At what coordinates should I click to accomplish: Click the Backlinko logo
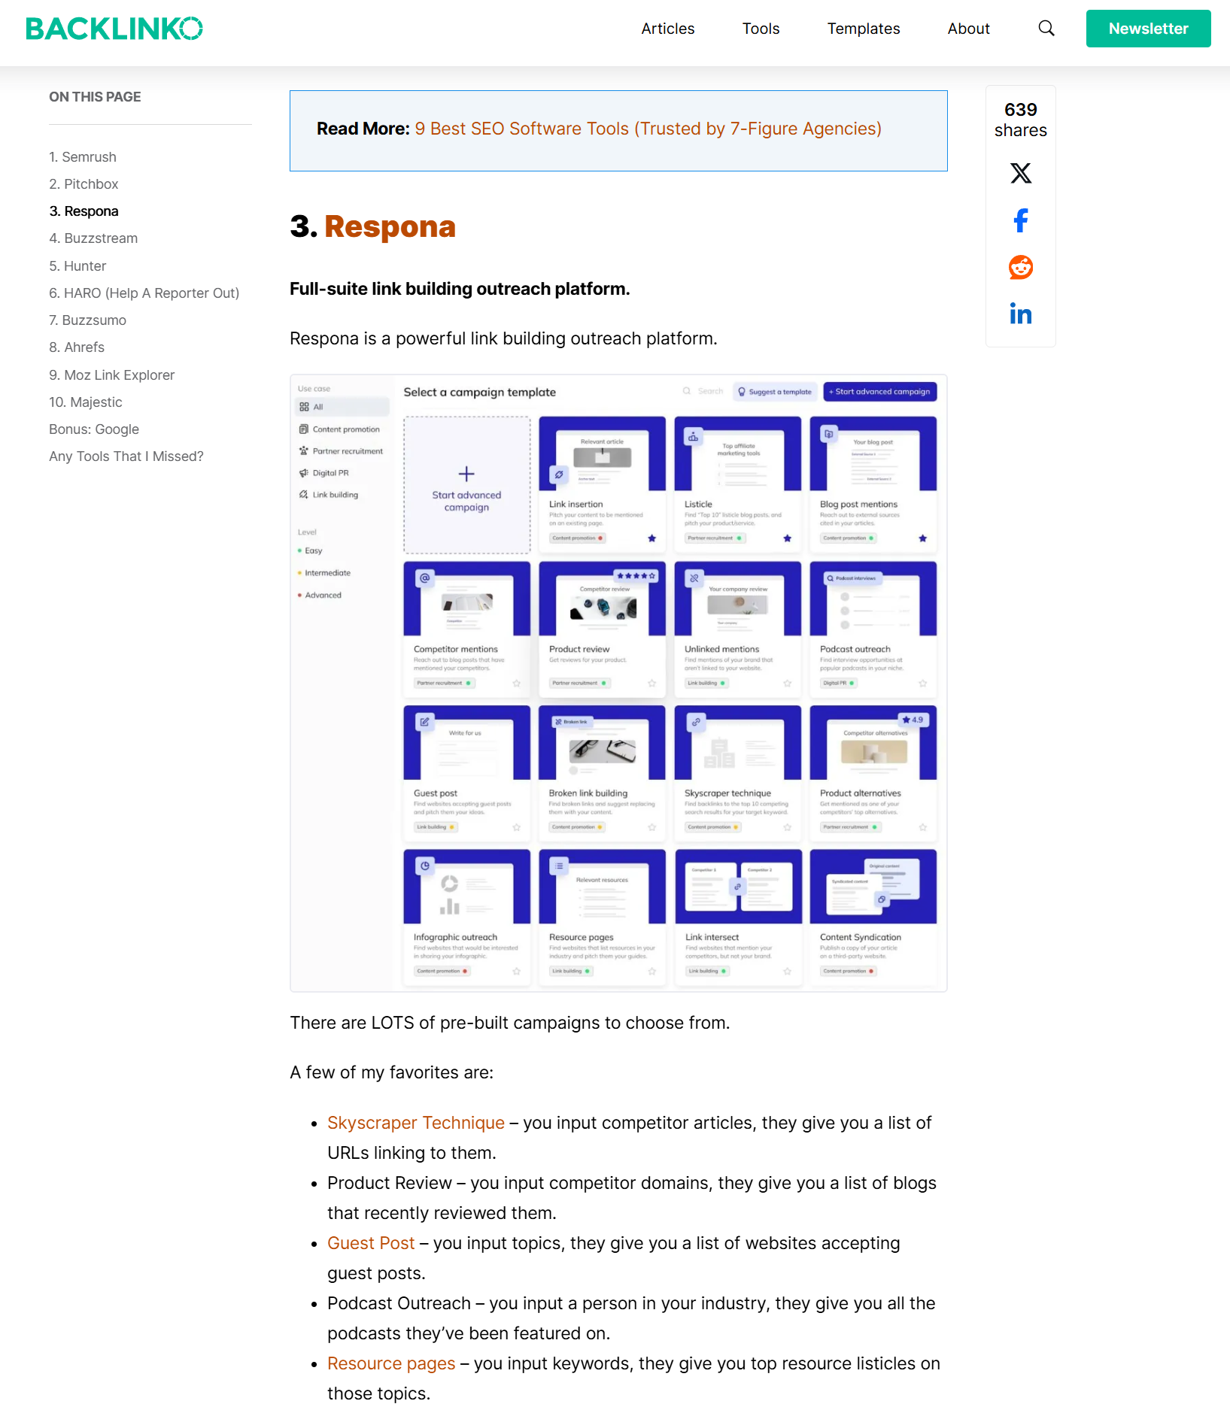pyautogui.click(x=114, y=29)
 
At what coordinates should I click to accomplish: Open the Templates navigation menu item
pyautogui.click(x=863, y=29)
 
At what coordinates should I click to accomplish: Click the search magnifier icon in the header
pyautogui.click(x=1046, y=29)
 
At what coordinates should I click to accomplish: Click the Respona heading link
pyautogui.click(x=390, y=226)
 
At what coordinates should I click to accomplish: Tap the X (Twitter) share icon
pyautogui.click(x=1020, y=173)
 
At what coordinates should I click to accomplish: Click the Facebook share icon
pyautogui.click(x=1020, y=220)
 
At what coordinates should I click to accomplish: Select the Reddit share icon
pyautogui.click(x=1020, y=267)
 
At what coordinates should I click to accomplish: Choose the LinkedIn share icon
pyautogui.click(x=1020, y=314)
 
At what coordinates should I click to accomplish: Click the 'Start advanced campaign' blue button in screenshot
pyautogui.click(x=879, y=392)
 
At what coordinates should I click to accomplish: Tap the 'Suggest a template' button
pyautogui.click(x=774, y=392)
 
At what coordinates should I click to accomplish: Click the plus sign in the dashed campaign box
pyautogui.click(x=466, y=474)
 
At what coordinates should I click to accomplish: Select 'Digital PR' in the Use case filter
pyautogui.click(x=330, y=473)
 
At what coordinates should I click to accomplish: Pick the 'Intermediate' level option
pyautogui.click(x=327, y=573)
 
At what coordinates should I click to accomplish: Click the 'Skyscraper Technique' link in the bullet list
pyautogui.click(x=415, y=1123)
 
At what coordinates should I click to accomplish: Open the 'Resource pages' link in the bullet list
pyautogui.click(x=391, y=1363)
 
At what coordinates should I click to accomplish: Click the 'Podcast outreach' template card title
pyautogui.click(x=855, y=649)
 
